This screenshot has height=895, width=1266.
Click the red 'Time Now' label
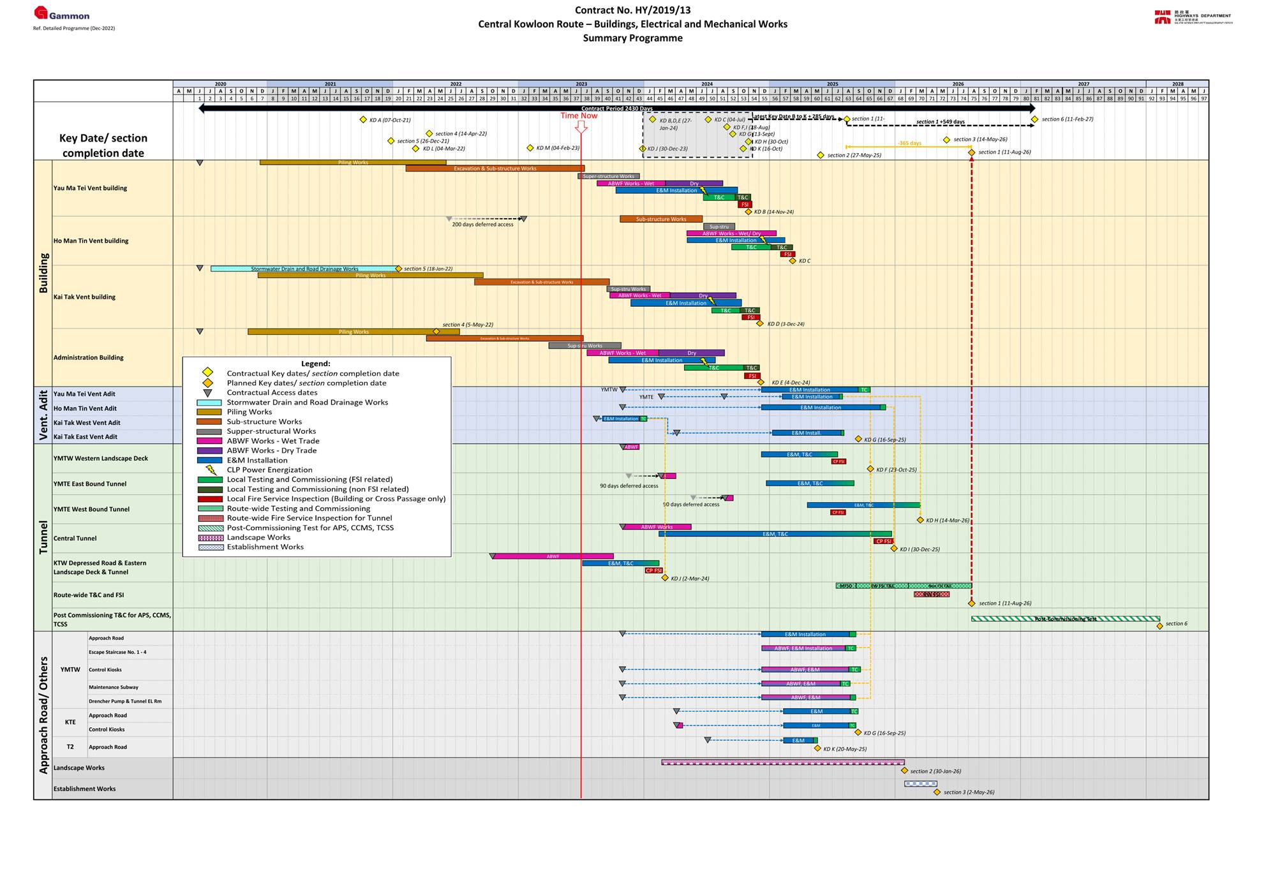[579, 115]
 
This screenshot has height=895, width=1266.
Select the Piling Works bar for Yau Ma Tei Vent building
[353, 163]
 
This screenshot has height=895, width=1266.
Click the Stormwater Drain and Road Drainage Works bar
[304, 269]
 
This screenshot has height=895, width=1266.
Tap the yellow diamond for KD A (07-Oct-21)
[363, 120]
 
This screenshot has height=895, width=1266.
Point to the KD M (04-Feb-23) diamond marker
[530, 148]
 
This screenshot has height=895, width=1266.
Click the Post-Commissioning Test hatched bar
[1065, 619]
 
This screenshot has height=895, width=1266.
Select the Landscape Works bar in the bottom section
[782, 762]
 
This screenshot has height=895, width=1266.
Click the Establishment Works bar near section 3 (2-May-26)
[920, 783]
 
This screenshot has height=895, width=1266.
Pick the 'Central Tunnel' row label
[75, 538]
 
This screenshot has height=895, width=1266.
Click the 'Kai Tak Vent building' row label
[84, 297]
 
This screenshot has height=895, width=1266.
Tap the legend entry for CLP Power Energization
[269, 470]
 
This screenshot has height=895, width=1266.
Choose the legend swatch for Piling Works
[209, 412]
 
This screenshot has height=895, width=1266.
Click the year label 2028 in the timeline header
[1177, 84]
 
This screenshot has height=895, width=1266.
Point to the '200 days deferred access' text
[482, 225]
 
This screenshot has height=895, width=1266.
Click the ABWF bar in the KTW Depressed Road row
[553, 556]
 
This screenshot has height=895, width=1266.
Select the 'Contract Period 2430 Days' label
[616, 108]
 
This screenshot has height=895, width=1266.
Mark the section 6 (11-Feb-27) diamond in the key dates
[1034, 119]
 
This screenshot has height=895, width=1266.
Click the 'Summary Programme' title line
[632, 38]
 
